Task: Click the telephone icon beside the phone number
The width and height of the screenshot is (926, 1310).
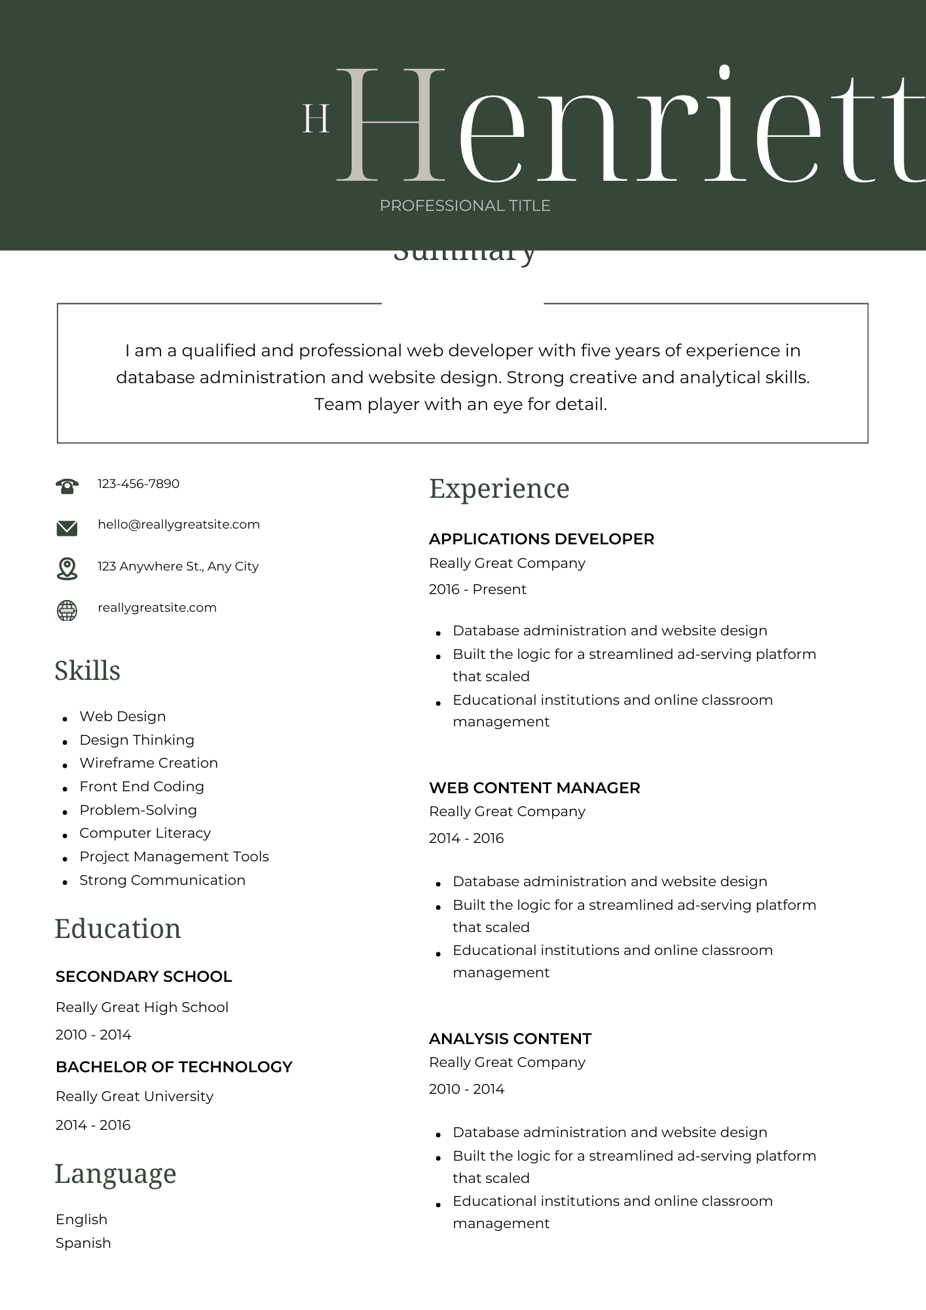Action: pyautogui.click(x=67, y=485)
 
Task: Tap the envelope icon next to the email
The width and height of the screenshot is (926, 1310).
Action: pyautogui.click(x=67, y=527)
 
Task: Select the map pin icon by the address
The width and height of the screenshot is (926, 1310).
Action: pyautogui.click(x=67, y=568)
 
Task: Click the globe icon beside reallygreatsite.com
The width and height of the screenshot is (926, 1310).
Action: pyautogui.click(x=67, y=610)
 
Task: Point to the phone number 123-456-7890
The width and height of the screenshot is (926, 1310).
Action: pyautogui.click(x=138, y=484)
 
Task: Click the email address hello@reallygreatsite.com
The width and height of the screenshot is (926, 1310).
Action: pyautogui.click(x=179, y=525)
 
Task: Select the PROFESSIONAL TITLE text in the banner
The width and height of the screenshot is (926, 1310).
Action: pyautogui.click(x=465, y=206)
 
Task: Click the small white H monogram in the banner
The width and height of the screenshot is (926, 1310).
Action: pyautogui.click(x=316, y=119)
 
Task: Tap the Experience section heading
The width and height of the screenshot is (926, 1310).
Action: pyautogui.click(x=499, y=489)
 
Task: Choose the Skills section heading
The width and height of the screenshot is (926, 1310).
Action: pyautogui.click(x=87, y=671)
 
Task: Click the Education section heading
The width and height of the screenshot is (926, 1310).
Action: pyautogui.click(x=118, y=929)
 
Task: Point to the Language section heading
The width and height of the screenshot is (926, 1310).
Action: pyautogui.click(x=115, y=1174)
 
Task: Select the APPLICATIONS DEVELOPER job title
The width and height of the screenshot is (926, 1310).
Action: pyautogui.click(x=542, y=539)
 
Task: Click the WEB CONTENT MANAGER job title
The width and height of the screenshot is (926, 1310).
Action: pyautogui.click(x=534, y=788)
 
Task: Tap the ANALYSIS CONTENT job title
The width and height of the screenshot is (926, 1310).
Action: pyautogui.click(x=510, y=1039)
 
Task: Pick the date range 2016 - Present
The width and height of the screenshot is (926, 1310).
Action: pyautogui.click(x=477, y=589)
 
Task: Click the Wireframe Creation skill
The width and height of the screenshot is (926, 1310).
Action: pyautogui.click(x=149, y=763)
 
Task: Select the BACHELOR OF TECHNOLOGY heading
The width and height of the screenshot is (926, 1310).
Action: pyautogui.click(x=174, y=1067)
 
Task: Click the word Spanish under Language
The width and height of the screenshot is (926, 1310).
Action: pyautogui.click(x=83, y=1243)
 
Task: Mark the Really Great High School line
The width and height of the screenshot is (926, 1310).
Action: pyautogui.click(x=142, y=1007)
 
